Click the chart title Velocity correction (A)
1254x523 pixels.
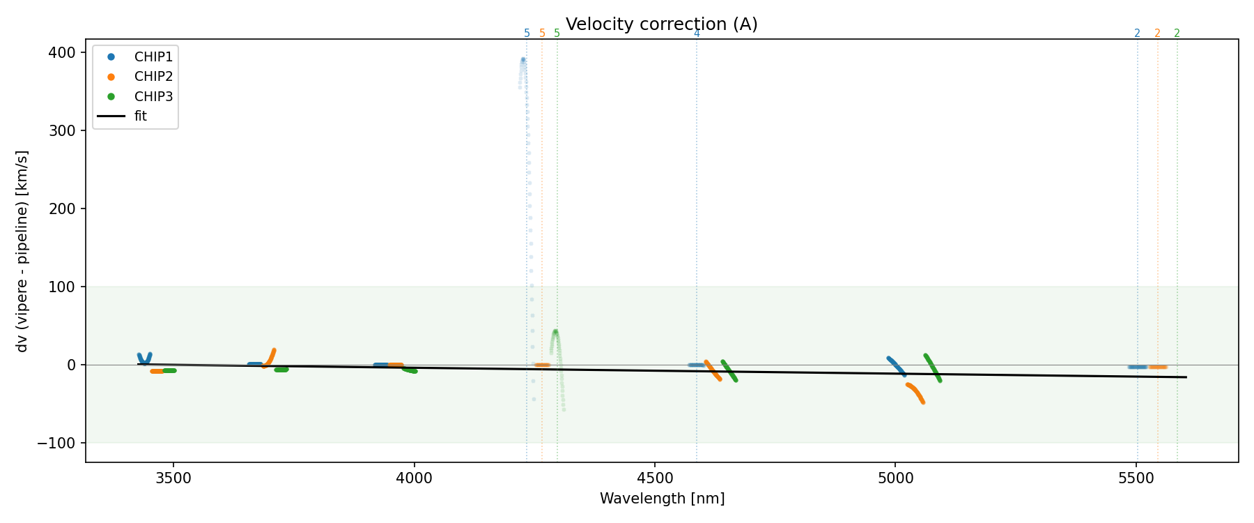coord(661,24)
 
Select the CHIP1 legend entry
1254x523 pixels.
coord(153,56)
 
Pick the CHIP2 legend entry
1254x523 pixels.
coord(153,77)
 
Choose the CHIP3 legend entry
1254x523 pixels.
coord(153,97)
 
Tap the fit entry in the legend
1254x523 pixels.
coord(141,116)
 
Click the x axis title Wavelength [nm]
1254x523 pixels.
coord(662,499)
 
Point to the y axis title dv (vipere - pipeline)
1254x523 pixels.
coord(22,251)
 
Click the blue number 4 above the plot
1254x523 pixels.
coord(697,33)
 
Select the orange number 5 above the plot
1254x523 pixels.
coord(542,33)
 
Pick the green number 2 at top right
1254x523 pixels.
coord(1177,33)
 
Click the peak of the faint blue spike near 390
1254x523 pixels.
coord(523,60)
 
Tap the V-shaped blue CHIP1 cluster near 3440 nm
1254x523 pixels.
coord(144,358)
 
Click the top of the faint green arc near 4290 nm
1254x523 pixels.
coord(555,331)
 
